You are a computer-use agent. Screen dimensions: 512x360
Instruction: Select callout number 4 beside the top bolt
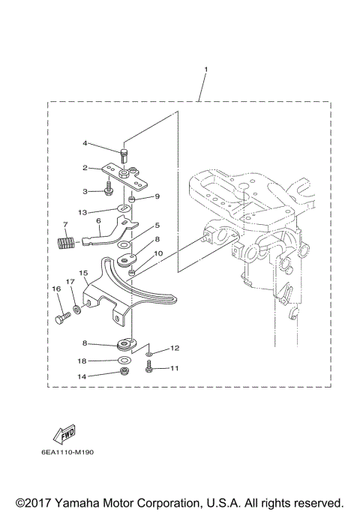[x=85, y=142]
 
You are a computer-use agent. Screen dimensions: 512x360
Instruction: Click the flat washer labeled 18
[x=122, y=361]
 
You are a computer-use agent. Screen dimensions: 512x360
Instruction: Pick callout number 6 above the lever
[x=98, y=221]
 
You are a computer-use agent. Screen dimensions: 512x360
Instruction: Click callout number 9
[x=157, y=197]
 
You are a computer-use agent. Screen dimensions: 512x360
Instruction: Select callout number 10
[x=157, y=254]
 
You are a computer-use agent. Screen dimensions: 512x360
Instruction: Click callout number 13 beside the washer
[x=85, y=212]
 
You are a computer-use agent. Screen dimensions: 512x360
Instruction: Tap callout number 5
[x=157, y=225]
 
